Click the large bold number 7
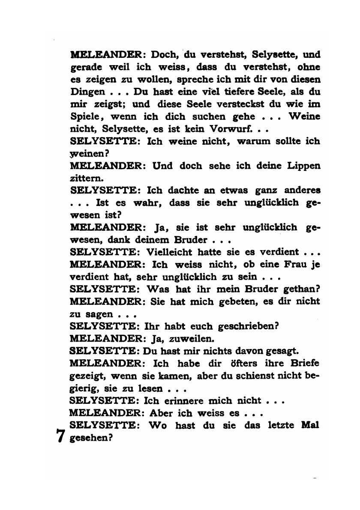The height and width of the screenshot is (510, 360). (x=60, y=435)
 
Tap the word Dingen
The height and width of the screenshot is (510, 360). (x=87, y=92)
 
